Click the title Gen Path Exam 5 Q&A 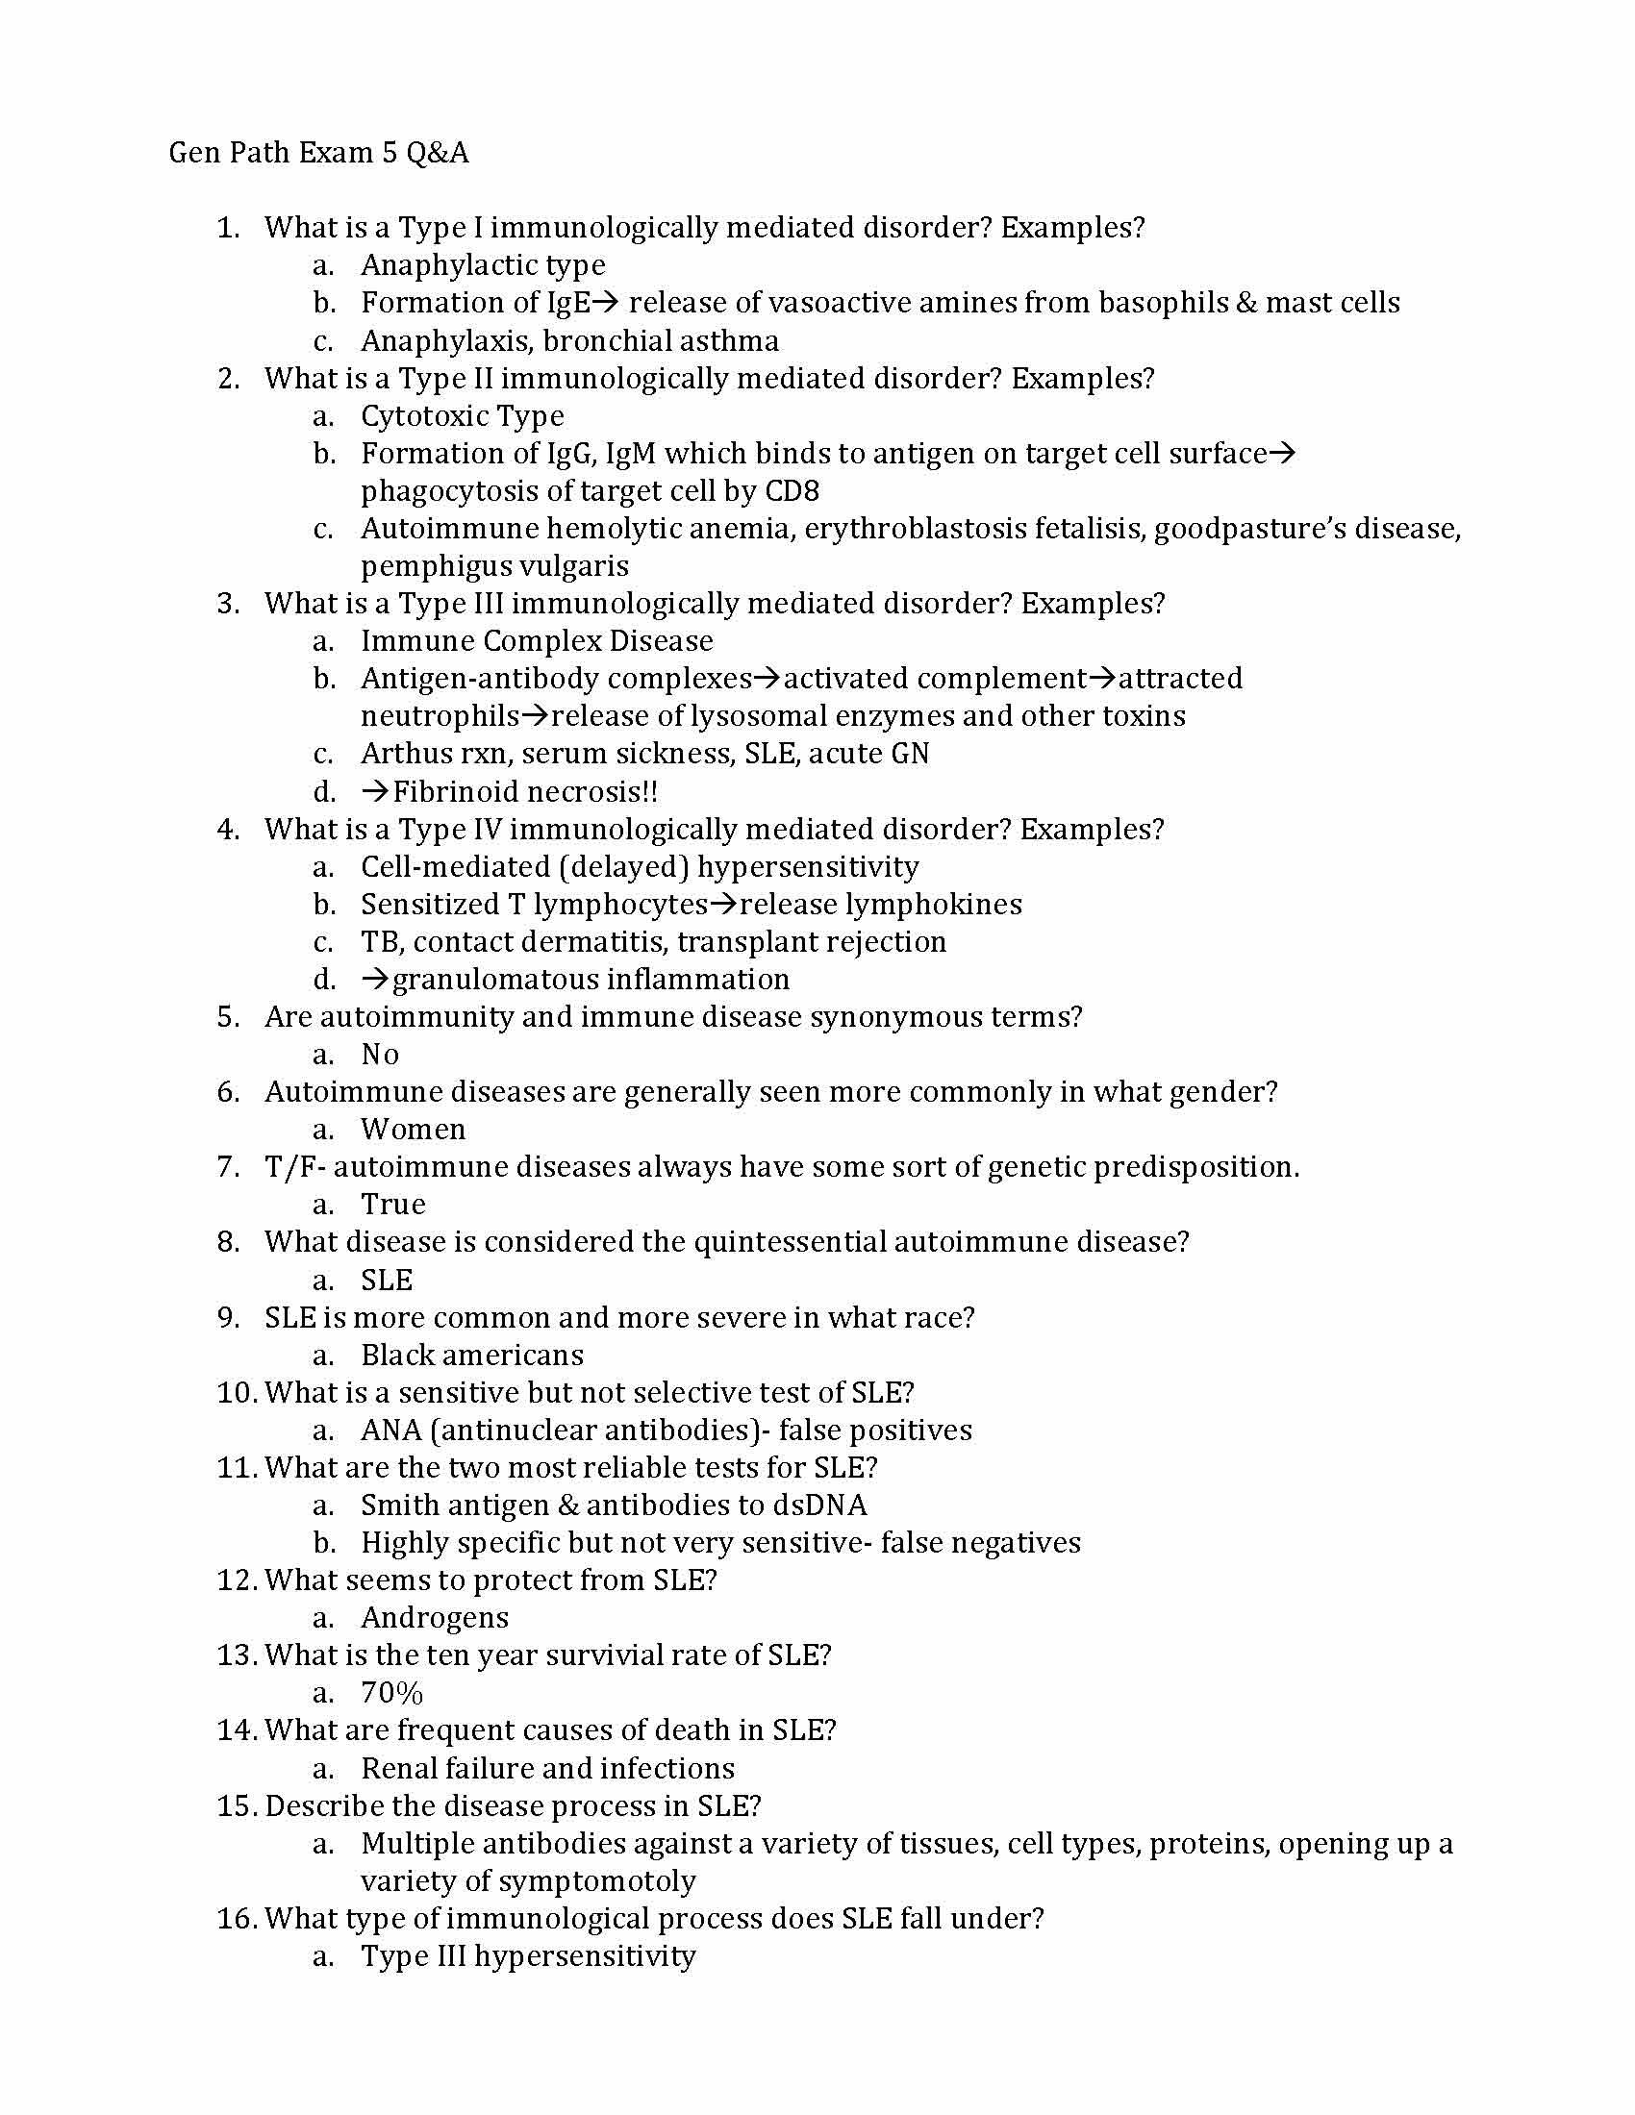pyautogui.click(x=318, y=153)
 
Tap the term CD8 pyautogui.click(x=792, y=491)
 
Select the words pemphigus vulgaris pyautogui.click(x=494, y=565)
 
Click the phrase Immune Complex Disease pyautogui.click(x=537, y=641)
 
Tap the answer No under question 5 pyautogui.click(x=380, y=1055)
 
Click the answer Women pyautogui.click(x=413, y=1130)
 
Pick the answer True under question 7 pyautogui.click(x=392, y=1205)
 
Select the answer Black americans pyautogui.click(x=471, y=1355)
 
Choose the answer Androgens pyautogui.click(x=434, y=1618)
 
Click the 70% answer pyautogui.click(x=391, y=1693)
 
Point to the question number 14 pyautogui.click(x=234, y=1730)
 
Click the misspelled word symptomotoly pyautogui.click(x=528, y=1880)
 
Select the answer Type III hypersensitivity pyautogui.click(x=528, y=1956)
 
